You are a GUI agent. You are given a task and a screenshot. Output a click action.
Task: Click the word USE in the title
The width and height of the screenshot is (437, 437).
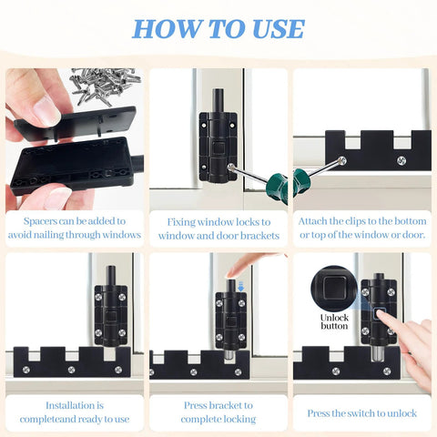[x=270, y=28]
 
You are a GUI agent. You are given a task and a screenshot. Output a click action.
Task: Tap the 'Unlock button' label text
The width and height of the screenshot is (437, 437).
[x=334, y=320]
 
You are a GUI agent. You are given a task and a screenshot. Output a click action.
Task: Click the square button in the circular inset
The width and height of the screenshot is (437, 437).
[x=333, y=289]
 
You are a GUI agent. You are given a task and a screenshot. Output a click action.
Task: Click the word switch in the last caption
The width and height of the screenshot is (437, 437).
[x=358, y=412]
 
